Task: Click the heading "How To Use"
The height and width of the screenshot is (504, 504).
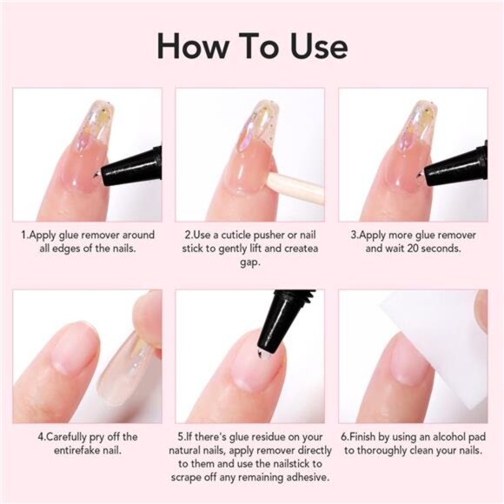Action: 252,45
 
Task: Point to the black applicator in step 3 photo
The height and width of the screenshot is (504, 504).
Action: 459,165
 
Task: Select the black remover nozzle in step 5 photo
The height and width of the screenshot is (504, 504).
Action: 280,317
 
